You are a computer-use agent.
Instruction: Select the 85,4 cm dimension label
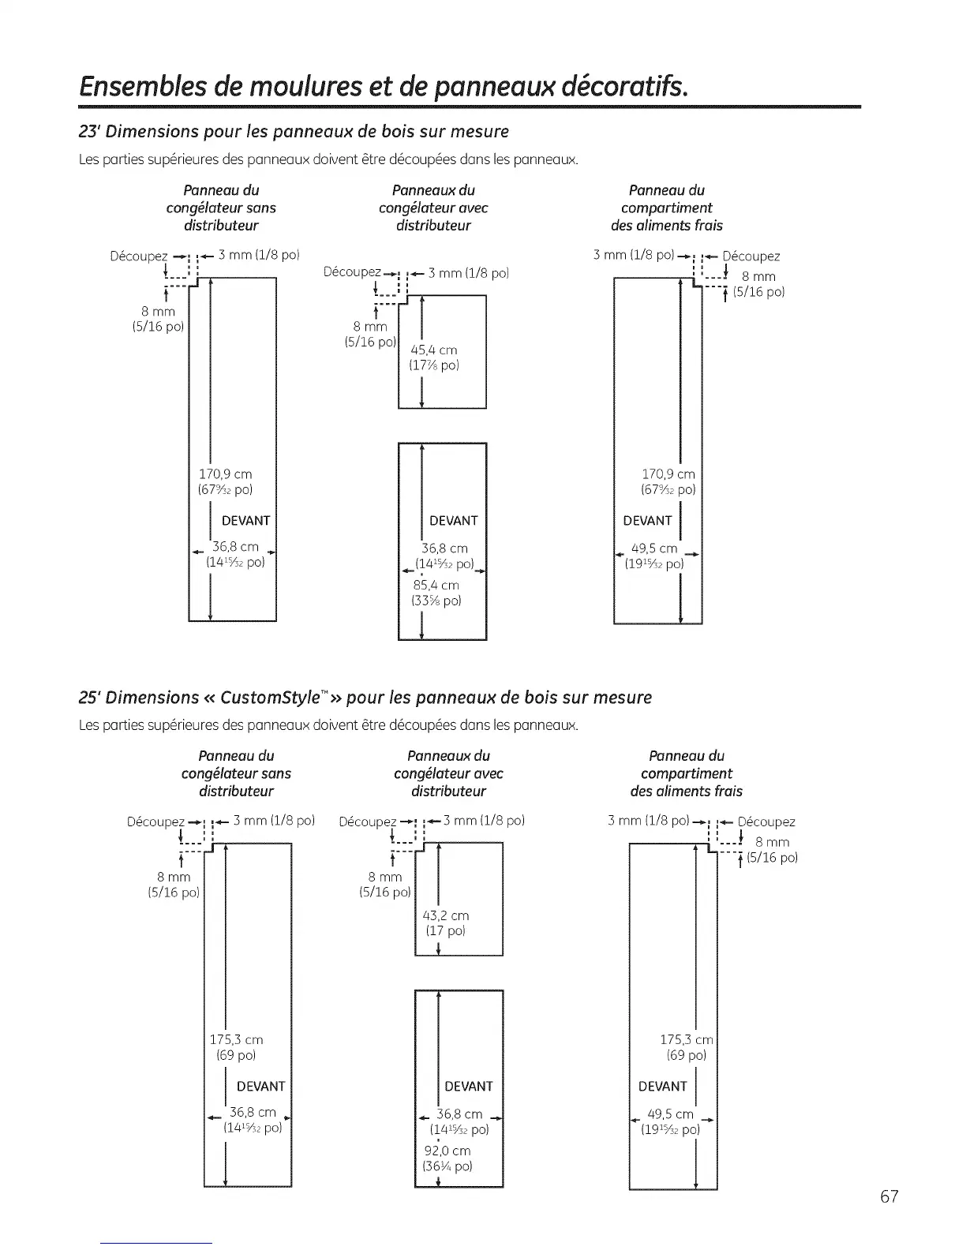pyautogui.click(x=436, y=586)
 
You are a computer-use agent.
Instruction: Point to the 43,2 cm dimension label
pyautogui.click(x=446, y=915)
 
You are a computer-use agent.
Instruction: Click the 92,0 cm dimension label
pyautogui.click(x=447, y=1151)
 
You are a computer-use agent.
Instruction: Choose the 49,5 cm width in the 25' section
pyautogui.click(x=670, y=1114)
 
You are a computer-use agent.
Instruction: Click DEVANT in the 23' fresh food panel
pyautogui.click(x=647, y=521)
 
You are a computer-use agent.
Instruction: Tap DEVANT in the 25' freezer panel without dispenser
pyautogui.click(x=260, y=1087)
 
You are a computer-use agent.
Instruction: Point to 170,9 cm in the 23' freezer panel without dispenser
pyautogui.click(x=225, y=474)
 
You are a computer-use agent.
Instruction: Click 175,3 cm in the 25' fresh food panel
pyautogui.click(x=686, y=1040)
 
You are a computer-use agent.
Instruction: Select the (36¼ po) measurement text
pyautogui.click(x=447, y=1166)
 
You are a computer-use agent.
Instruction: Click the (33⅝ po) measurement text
pyautogui.click(x=436, y=601)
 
